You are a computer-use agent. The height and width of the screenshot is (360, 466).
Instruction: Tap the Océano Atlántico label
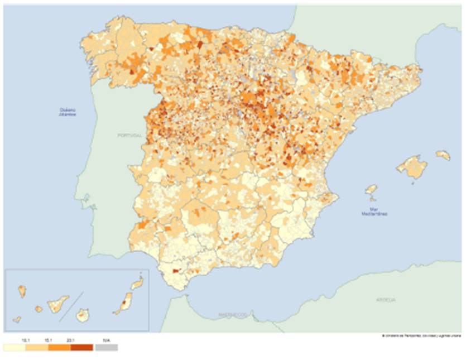[68, 112]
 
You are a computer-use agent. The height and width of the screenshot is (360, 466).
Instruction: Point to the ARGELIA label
[386, 300]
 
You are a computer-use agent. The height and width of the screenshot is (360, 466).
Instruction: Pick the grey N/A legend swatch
[106, 347]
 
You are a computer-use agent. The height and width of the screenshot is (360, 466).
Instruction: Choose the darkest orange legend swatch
[81, 347]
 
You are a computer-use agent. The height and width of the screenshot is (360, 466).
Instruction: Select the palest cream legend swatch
[15, 347]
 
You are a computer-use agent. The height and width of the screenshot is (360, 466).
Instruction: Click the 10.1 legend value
[26, 339]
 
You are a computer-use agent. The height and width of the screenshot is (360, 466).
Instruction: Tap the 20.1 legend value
[71, 339]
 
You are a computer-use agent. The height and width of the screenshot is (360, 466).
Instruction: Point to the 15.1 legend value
[49, 339]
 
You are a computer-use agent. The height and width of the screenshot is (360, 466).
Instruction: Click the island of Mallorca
[412, 167]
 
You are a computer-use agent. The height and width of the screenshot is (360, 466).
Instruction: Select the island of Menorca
[443, 155]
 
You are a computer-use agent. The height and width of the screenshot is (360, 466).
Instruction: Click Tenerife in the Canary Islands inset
[57, 304]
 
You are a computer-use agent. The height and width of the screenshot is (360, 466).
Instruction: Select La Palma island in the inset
[22, 291]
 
